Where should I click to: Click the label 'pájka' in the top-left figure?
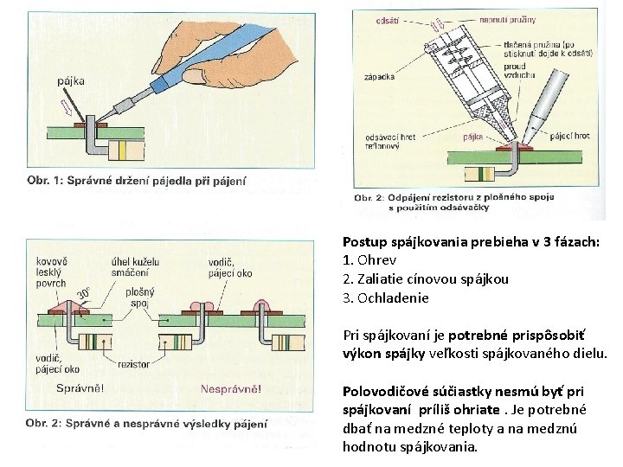71,82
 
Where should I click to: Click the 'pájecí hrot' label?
569,135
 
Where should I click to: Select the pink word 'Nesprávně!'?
231,389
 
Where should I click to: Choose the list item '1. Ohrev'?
369,260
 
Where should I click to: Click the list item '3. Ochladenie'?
386,298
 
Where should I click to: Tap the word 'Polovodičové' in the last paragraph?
387,392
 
